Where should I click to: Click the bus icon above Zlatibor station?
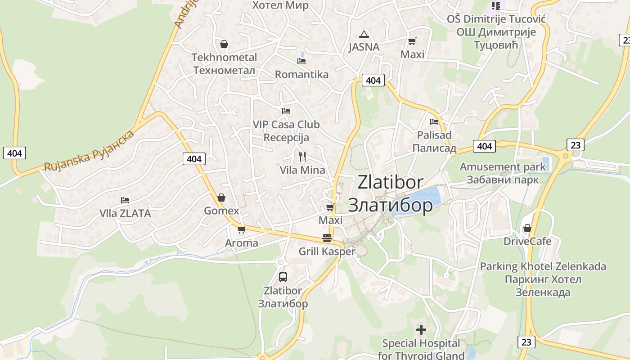point(283,277)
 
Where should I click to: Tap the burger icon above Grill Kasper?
point(327,238)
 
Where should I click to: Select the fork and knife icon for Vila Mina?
point(302,157)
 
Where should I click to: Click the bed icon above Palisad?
point(434,121)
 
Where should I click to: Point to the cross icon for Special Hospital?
point(421,330)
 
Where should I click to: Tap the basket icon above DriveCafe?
point(527,228)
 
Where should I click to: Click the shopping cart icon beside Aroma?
point(242,229)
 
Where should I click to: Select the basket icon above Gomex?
point(221,198)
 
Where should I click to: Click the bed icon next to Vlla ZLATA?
point(125,200)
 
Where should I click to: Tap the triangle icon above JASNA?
point(364,34)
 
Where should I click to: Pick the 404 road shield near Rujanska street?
point(194,159)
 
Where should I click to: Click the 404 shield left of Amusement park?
point(484,146)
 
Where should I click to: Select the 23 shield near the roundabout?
point(575,145)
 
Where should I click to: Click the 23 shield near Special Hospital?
point(526,342)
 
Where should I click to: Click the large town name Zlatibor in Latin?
point(390,182)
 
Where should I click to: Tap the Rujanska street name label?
point(89,151)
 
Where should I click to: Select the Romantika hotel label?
point(301,75)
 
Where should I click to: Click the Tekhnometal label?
point(224,58)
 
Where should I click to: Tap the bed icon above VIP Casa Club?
point(286,111)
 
